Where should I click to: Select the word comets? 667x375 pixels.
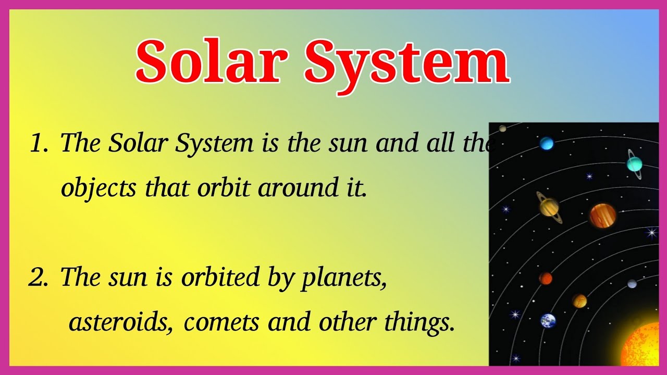(221, 322)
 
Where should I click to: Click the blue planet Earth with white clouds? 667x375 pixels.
(548, 320)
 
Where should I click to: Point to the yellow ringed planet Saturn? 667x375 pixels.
(549, 207)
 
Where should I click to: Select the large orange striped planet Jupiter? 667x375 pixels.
(602, 216)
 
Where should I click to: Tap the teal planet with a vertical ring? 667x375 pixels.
(634, 164)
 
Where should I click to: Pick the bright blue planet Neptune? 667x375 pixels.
(546, 143)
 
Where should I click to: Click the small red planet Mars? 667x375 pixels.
(546, 278)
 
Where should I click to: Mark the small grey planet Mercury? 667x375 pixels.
(632, 284)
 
